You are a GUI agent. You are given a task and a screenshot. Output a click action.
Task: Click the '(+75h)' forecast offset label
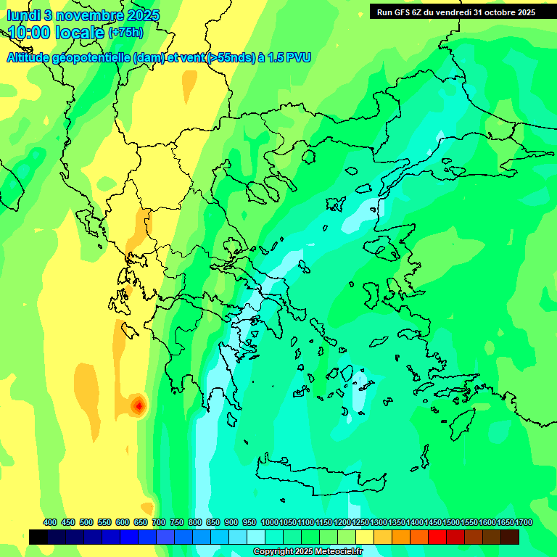tap(125, 33)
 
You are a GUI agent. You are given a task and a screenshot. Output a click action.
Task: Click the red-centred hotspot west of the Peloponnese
tap(138, 405)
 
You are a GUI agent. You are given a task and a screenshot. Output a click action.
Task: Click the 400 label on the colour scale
tap(50, 522)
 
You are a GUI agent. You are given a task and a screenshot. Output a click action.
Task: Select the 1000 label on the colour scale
tap(270, 522)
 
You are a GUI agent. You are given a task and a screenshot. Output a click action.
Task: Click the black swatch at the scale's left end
tap(38, 537)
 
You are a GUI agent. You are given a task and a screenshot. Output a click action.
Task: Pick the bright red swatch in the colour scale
tap(437, 537)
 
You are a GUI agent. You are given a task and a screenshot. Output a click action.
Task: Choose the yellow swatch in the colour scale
tap(365, 537)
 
